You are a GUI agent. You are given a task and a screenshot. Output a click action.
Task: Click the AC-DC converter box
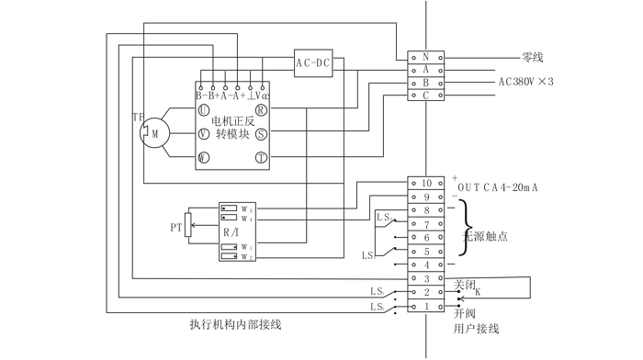[313, 62]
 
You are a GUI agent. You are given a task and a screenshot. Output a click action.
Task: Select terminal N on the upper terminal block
[425, 56]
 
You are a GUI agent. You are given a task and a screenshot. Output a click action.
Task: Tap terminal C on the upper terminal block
[425, 95]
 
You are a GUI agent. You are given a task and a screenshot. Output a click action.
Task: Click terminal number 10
[425, 183]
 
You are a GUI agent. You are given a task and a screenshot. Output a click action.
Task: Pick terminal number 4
[425, 264]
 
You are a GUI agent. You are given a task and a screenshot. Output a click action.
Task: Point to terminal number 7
[425, 224]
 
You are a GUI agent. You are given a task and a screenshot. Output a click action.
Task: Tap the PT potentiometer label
[176, 225]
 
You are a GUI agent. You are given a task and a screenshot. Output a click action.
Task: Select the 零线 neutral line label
[533, 56]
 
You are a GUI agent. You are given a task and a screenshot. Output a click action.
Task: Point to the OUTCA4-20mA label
[503, 186]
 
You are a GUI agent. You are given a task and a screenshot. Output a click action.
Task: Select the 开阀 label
[465, 313]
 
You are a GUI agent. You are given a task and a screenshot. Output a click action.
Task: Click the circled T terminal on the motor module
[261, 158]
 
